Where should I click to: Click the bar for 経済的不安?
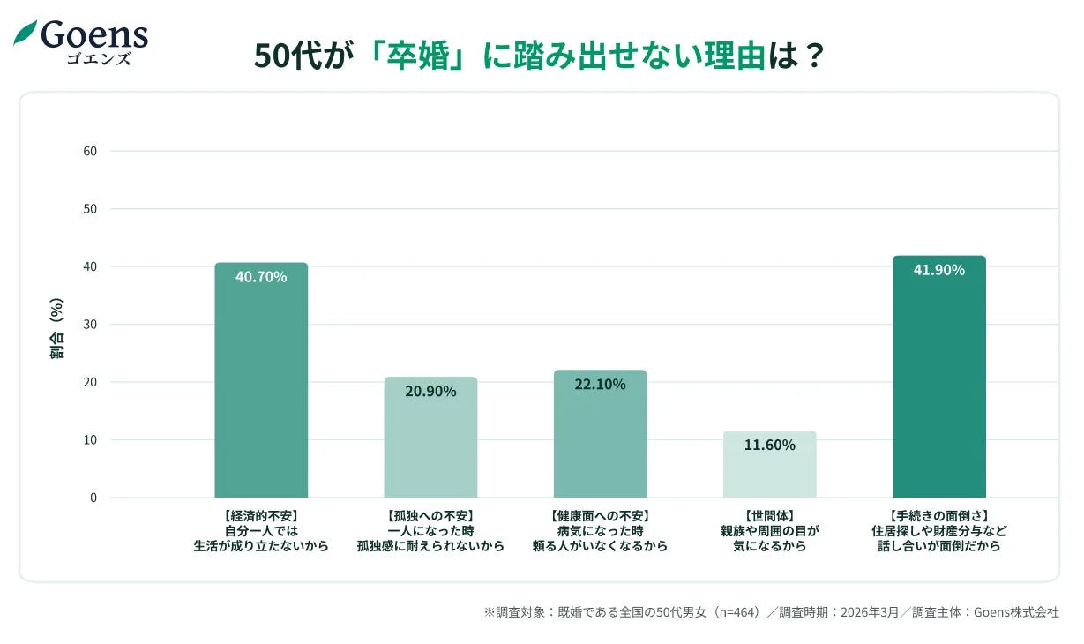pyautogui.click(x=261, y=388)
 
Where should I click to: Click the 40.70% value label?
pyautogui.click(x=261, y=277)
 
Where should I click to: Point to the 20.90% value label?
pyautogui.click(x=430, y=392)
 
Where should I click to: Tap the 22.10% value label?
pyautogui.click(x=600, y=385)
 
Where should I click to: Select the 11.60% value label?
pyautogui.click(x=769, y=446)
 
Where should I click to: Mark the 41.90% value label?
pyautogui.click(x=938, y=270)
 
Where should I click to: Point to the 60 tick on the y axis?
pyautogui.click(x=90, y=151)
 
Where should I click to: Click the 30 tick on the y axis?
pyautogui.click(x=90, y=325)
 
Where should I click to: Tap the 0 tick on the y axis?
pyautogui.click(x=93, y=498)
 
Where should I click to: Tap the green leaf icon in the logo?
pyautogui.click(x=25, y=34)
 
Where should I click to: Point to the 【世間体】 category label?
pyautogui.click(x=769, y=516)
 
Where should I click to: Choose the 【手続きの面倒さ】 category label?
pyautogui.click(x=938, y=516)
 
